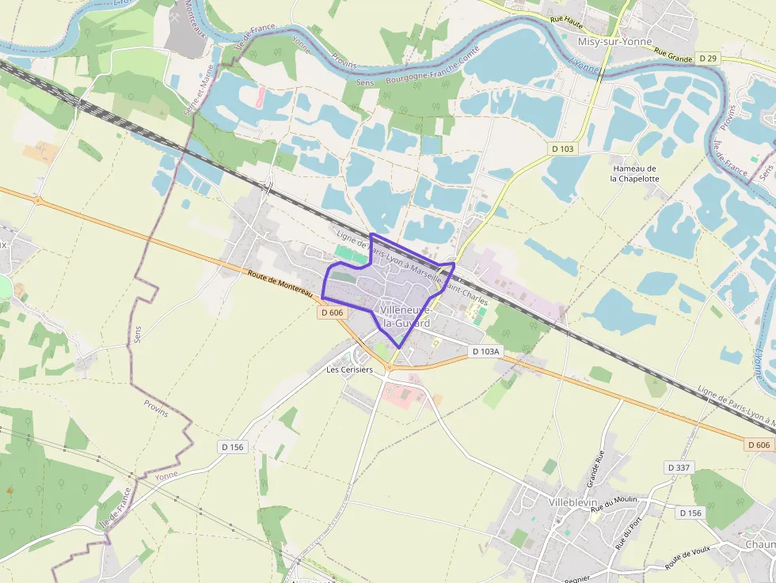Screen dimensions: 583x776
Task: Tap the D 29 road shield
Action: pyautogui.click(x=708, y=59)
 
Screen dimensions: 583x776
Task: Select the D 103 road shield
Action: pyautogui.click(x=562, y=149)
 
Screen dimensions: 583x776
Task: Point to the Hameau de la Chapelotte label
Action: pyautogui.click(x=634, y=173)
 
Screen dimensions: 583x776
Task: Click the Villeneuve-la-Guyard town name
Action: pyautogui.click(x=405, y=316)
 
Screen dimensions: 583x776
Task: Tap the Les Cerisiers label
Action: pyautogui.click(x=349, y=369)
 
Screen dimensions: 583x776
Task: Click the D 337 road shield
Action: pyautogui.click(x=679, y=468)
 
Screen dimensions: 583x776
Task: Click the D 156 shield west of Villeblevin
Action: pyautogui.click(x=233, y=447)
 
